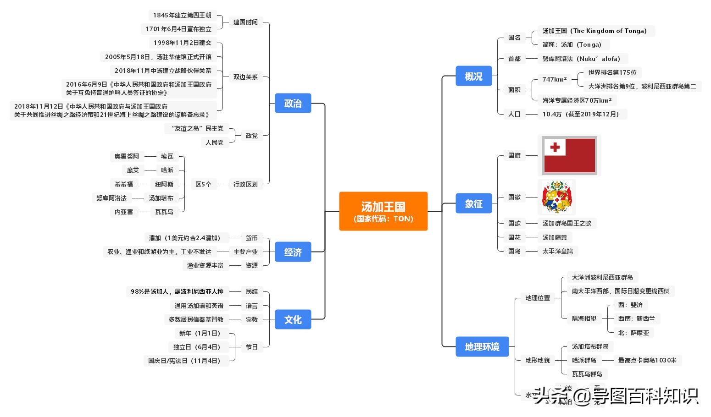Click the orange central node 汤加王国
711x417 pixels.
click(383, 211)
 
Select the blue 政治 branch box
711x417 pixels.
click(293, 103)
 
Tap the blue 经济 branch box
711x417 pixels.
click(293, 252)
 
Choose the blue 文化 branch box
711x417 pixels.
click(293, 319)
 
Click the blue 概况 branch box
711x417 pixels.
click(473, 76)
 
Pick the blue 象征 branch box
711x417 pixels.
click(473, 203)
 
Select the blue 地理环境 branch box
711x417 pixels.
click(482, 346)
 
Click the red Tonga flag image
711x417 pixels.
click(569, 155)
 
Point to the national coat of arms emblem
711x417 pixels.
click(556, 197)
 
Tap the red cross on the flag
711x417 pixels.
click(555, 147)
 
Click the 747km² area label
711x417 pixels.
click(554, 79)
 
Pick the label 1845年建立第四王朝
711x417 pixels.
click(182, 15)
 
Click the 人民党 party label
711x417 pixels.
click(214, 143)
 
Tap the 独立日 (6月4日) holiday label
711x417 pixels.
click(197, 347)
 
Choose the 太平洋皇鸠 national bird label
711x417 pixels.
click(557, 251)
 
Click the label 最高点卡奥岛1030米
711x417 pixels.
click(647, 360)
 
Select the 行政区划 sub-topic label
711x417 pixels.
click(245, 184)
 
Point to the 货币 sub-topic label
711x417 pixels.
click(251, 238)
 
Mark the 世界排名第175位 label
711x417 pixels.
click(612, 72)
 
